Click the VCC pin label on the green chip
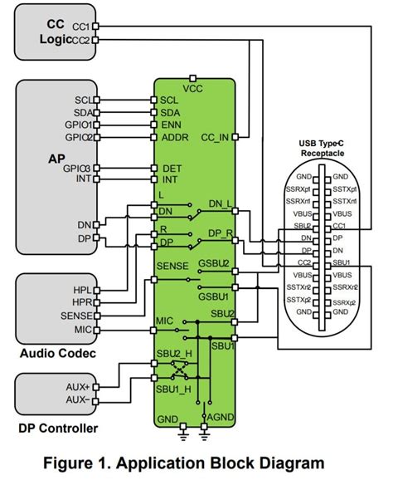pos(192,86)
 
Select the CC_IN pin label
pos(219,138)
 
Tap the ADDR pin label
pos(174,138)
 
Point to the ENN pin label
pos(170,125)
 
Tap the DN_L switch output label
pos(219,203)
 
